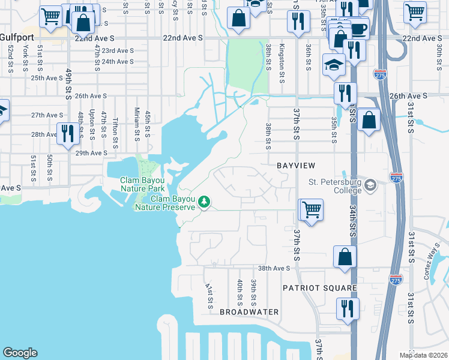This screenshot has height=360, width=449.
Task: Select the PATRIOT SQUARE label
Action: pos(321,288)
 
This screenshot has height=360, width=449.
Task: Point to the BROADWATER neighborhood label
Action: pos(249,312)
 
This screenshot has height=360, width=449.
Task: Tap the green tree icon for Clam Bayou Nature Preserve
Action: pos(204,202)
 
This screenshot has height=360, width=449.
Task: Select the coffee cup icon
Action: pos(359,29)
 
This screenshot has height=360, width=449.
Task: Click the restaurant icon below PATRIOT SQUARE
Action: pos(348,308)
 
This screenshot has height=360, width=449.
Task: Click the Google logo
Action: pos(20,353)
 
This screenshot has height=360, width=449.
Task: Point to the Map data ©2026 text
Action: pos(423,355)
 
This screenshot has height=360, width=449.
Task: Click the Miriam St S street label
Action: pos(137,123)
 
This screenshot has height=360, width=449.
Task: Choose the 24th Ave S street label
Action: pos(117,62)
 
